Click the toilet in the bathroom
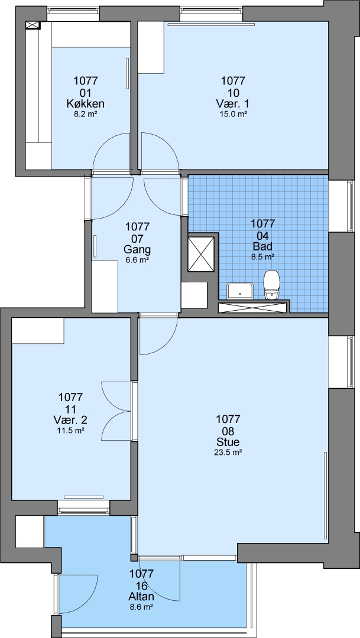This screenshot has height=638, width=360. tap(272, 285)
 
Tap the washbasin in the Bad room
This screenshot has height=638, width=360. tap(241, 291)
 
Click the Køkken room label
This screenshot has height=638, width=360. tap(85, 104)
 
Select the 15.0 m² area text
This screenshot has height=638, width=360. tap(233, 115)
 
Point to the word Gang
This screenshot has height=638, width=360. tap(138, 249)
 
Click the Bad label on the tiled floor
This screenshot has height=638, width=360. tap(263, 246)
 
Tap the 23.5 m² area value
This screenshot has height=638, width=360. tap(228, 452)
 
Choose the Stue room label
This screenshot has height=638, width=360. tap(228, 442)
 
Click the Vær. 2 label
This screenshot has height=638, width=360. tap(70, 419)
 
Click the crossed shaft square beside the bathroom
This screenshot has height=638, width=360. tap(200, 254)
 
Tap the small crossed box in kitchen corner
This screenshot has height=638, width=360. tap(33, 25)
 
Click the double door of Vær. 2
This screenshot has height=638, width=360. tap(118, 411)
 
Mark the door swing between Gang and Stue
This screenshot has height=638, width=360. tap(158, 335)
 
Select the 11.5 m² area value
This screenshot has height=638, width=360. tap(70, 429)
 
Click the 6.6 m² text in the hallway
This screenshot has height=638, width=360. tap(138, 260)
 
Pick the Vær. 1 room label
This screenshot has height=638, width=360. tap(233, 104)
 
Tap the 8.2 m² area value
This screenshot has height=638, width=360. tap(85, 115)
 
